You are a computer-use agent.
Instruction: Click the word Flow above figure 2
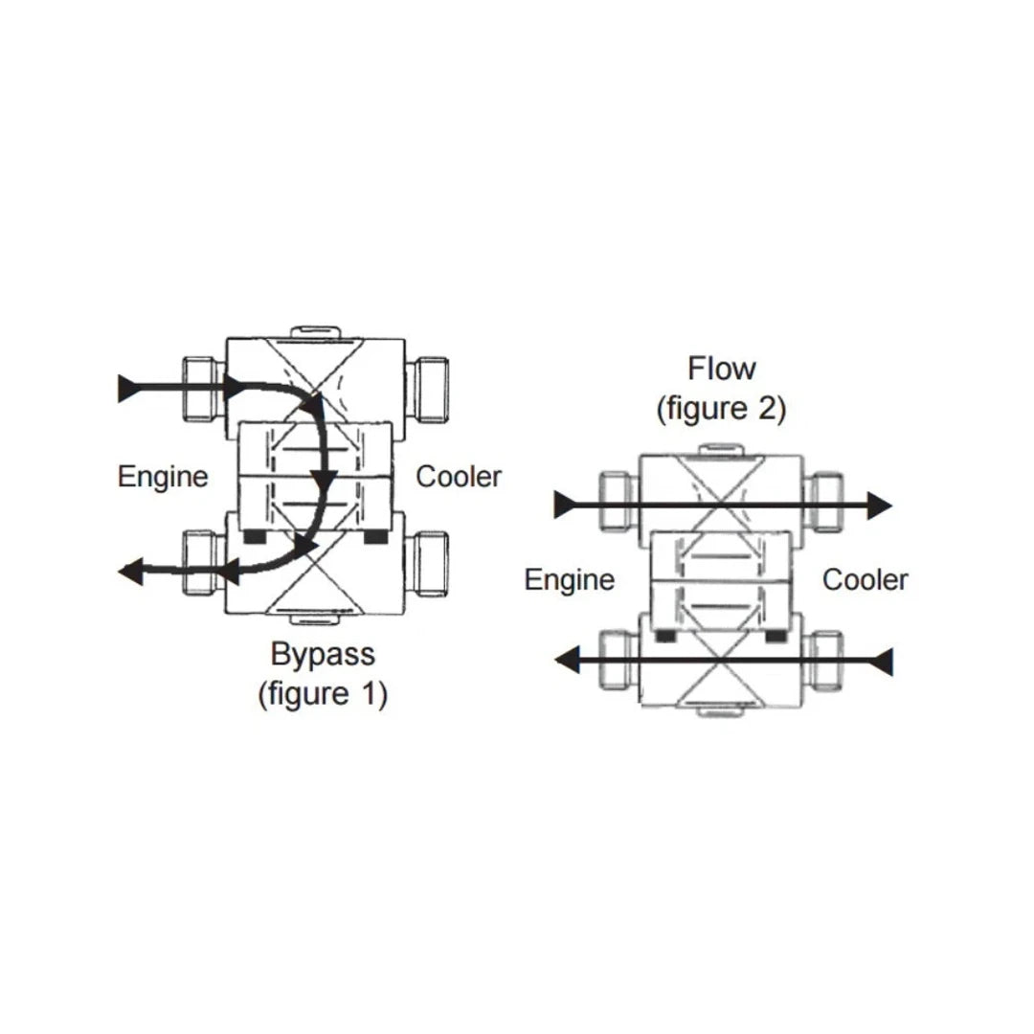point(721,368)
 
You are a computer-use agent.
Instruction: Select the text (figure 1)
point(323,694)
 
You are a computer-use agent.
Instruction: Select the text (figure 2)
point(721,409)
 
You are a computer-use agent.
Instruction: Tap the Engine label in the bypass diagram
point(163,476)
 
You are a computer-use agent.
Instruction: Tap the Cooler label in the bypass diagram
point(459,476)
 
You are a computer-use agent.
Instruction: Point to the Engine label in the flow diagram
point(570,579)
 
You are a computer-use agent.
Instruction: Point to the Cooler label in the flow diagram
point(865,579)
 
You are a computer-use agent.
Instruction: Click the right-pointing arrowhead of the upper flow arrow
point(880,504)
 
